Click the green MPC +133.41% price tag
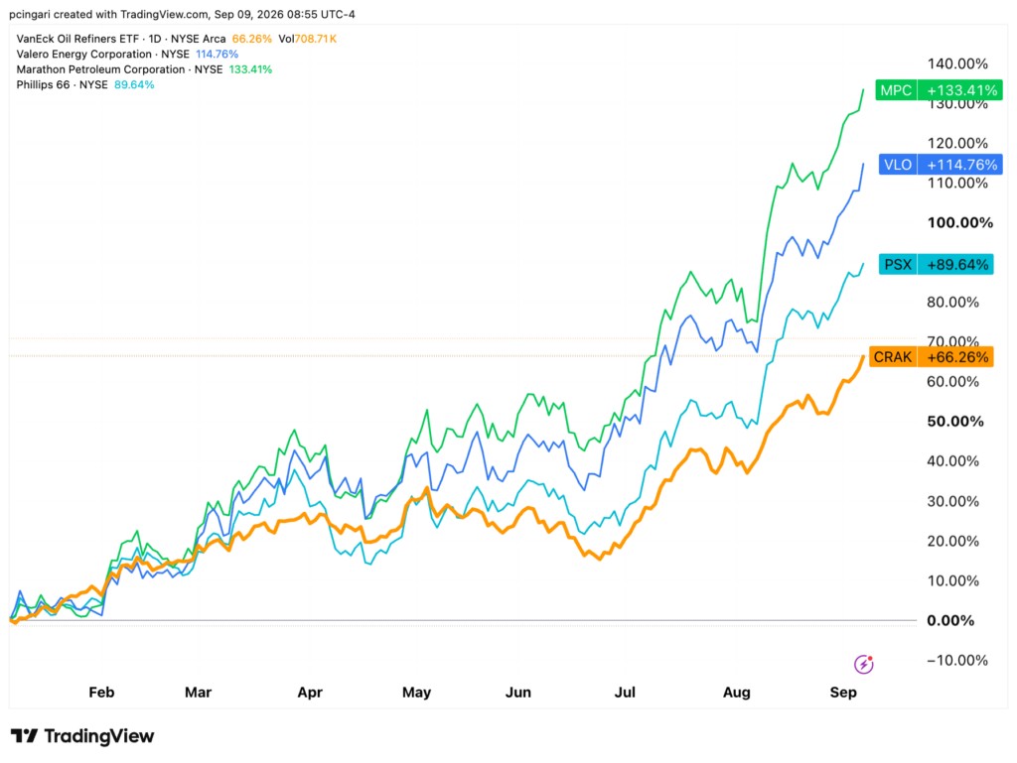939,90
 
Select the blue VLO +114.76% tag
941,165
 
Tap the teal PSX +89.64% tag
936,264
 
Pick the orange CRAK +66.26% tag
931,357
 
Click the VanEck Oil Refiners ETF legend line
177,39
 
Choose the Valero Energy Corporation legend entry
127,55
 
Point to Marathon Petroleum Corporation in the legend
144,69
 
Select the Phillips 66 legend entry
85,85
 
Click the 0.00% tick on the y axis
950,620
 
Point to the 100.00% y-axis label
960,223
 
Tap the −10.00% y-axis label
957,660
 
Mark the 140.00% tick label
957,64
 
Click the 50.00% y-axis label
955,421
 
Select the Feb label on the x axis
101,693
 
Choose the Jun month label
518,693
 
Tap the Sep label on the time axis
843,693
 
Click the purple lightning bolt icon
863,664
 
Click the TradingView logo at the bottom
82,736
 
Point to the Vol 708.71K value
308,39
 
